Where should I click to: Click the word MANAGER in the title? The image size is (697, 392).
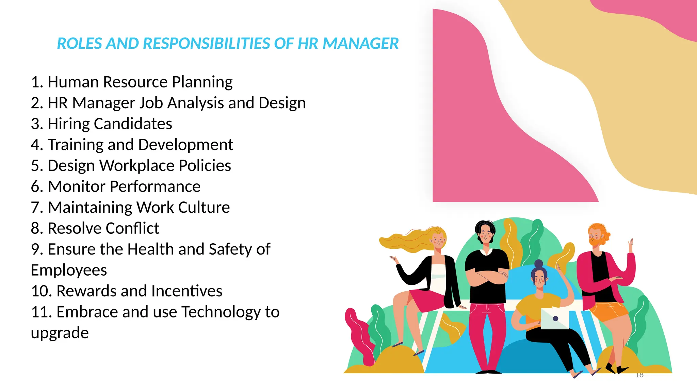click(360, 44)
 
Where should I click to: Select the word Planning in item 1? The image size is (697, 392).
click(202, 82)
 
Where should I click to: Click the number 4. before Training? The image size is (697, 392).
click(37, 145)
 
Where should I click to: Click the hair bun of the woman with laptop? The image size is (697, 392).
click(539, 263)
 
